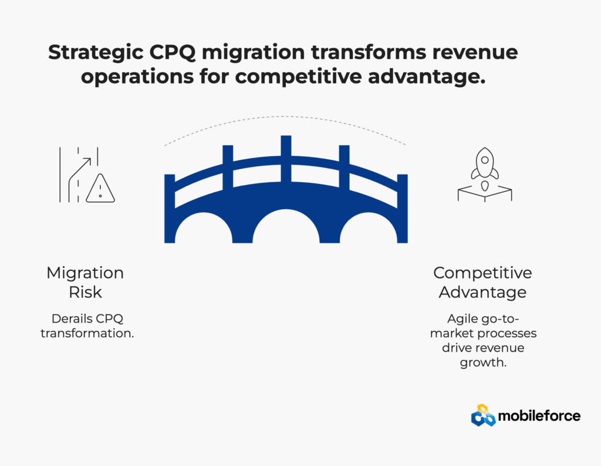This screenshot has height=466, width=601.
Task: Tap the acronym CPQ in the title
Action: [173, 52]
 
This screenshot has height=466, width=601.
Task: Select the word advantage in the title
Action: [427, 77]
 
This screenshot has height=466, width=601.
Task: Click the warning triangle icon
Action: [100, 189]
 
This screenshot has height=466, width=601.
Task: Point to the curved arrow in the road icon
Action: [79, 179]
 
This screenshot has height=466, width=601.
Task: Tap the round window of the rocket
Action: [485, 160]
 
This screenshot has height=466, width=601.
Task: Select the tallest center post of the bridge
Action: [286, 158]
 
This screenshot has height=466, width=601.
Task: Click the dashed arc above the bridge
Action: [285, 116]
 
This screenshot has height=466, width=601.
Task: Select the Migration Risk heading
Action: [85, 282]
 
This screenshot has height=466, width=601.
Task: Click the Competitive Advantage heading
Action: [482, 282]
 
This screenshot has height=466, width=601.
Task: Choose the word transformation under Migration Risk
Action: [87, 333]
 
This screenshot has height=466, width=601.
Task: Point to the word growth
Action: [484, 363]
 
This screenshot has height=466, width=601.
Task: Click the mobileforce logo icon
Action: [483, 415]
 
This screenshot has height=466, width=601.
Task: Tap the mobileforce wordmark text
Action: [539, 415]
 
